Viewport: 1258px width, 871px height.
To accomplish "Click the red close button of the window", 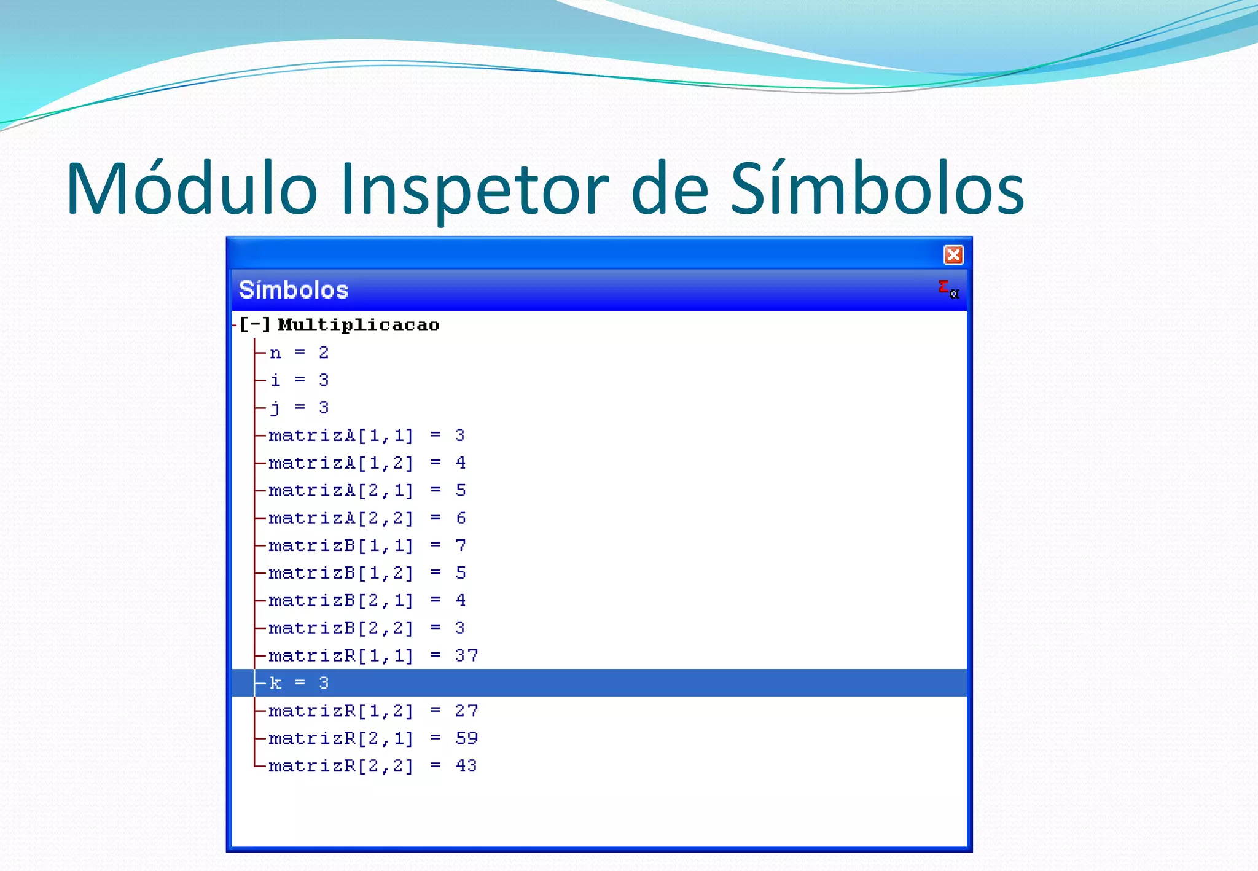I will tap(953, 255).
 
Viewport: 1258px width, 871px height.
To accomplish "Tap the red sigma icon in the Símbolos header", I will tap(948, 289).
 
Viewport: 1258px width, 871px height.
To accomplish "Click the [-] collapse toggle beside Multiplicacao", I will tap(254, 324).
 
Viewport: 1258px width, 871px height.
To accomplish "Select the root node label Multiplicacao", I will tap(358, 325).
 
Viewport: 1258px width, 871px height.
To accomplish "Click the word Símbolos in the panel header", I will tap(293, 290).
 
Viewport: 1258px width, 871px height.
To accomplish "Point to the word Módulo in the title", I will tap(192, 189).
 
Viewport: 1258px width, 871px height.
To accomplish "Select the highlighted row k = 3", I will tap(299, 683).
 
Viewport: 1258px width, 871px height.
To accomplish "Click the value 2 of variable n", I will tap(324, 353).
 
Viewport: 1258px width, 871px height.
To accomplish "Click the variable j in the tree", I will tap(275, 408).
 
